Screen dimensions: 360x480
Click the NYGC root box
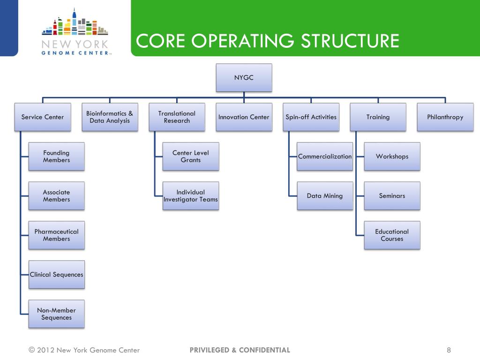244,78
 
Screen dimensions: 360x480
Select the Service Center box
43,117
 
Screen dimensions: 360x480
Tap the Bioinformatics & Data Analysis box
110,117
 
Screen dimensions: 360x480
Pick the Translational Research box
177,117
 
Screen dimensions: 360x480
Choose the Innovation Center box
244,117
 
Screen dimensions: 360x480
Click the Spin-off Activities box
311,117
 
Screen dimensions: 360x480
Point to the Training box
378,117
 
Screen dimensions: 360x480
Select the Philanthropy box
445,117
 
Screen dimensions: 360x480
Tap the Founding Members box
56,157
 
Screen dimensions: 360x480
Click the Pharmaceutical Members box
56,235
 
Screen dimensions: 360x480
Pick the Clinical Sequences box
56,275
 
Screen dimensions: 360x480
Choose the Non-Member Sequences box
56,314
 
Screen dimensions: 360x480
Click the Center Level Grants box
190,157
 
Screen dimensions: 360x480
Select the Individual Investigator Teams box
190,196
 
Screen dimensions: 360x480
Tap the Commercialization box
325,157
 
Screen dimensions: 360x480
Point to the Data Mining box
325,196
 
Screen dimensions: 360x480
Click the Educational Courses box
392,235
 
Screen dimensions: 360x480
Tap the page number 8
449,350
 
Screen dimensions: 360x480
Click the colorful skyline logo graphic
75,23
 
